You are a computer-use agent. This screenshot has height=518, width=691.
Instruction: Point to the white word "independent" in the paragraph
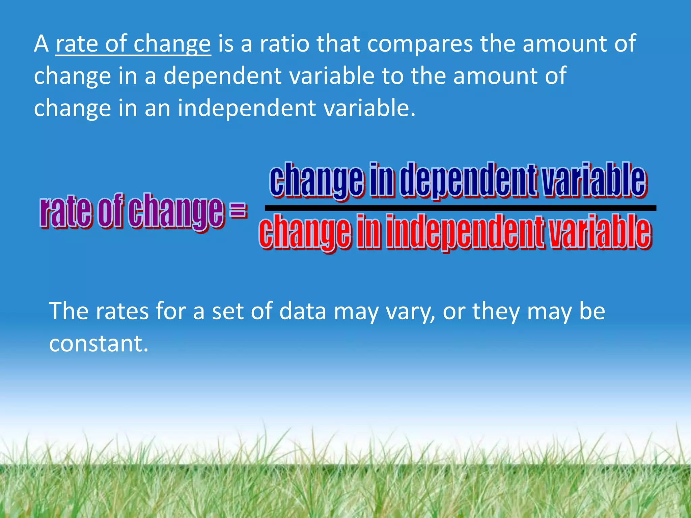click(x=247, y=108)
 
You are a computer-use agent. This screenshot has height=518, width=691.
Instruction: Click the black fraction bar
click(x=460, y=208)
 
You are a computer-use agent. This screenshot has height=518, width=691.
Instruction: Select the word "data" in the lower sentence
click(x=303, y=311)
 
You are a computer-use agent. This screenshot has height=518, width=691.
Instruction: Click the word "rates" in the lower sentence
click(x=122, y=311)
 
